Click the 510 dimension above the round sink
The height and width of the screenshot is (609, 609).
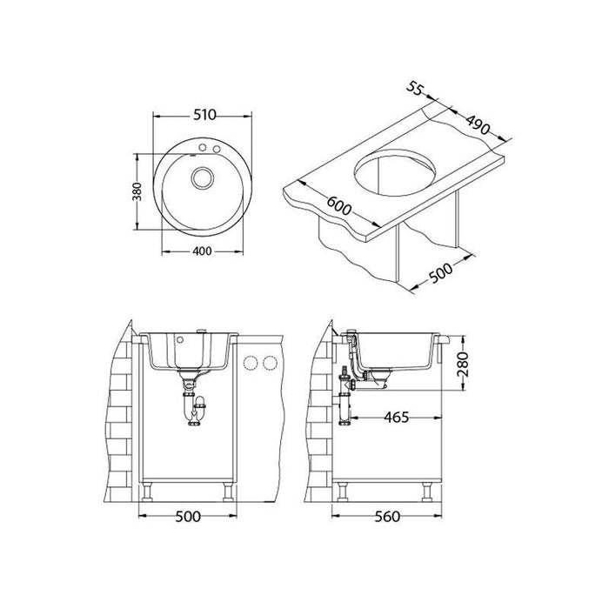(204, 115)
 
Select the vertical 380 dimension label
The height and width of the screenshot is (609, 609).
(137, 191)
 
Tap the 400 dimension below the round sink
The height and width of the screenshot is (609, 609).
(203, 251)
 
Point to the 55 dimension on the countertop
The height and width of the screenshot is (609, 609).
(414, 88)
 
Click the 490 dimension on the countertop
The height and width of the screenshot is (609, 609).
(478, 124)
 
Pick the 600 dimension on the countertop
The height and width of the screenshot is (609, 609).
(338, 205)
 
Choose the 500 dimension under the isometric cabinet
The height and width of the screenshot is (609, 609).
(441, 273)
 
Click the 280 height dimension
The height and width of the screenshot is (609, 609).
(463, 364)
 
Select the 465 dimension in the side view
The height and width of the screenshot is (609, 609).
(397, 418)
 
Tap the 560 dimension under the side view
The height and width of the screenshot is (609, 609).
(387, 517)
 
